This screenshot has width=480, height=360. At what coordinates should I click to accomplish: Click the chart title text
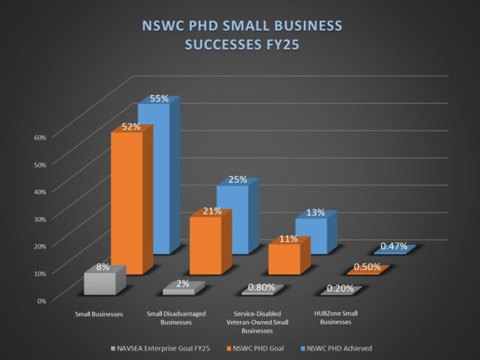point(241,35)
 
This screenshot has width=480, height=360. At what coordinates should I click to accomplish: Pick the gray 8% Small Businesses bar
point(100,283)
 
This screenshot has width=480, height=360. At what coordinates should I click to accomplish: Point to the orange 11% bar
point(284,259)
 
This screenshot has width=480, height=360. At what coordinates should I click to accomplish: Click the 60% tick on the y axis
point(40,136)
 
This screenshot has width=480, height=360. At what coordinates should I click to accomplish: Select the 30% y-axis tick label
point(40,218)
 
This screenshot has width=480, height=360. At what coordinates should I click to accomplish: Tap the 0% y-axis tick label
point(41,300)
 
